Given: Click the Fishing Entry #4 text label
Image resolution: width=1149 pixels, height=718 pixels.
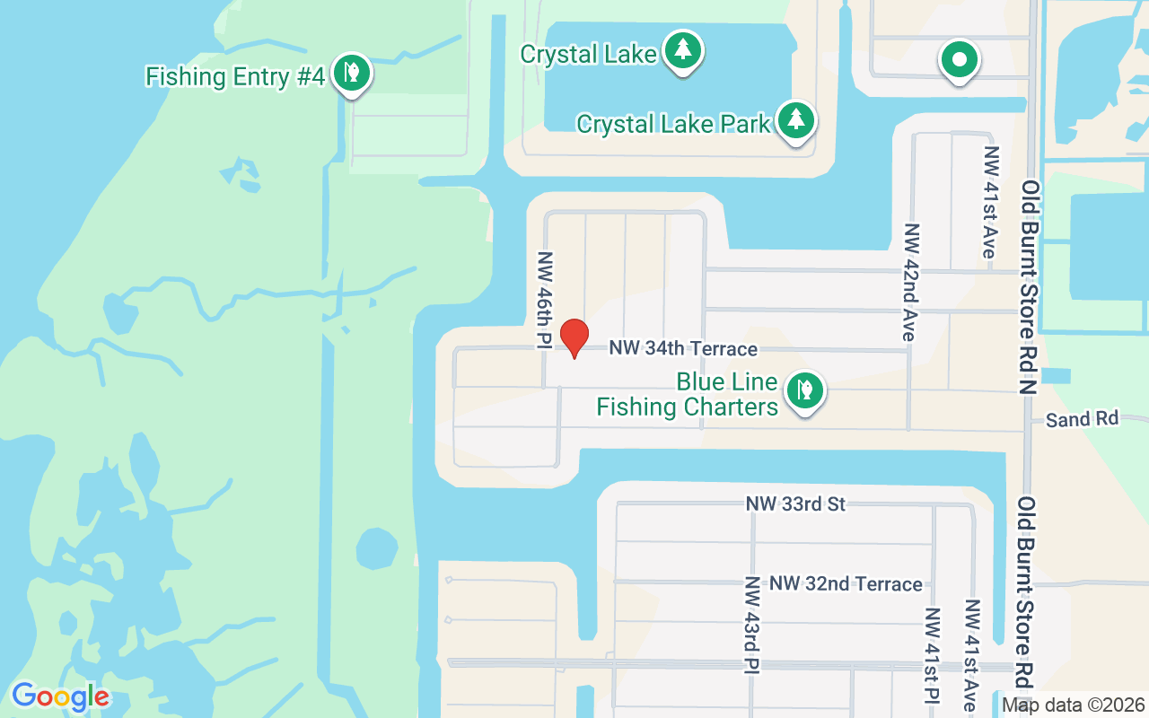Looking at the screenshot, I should tap(234, 77).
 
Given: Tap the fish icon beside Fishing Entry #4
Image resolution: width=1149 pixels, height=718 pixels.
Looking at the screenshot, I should tap(351, 72).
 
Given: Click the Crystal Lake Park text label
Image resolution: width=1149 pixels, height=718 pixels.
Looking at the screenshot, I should tap(673, 124).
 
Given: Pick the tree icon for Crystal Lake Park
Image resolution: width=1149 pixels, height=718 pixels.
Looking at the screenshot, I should tap(794, 119).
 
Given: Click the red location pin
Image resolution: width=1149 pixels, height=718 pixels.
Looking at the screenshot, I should tap(574, 337).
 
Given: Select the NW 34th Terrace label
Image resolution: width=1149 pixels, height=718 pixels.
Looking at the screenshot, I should tap(683, 348).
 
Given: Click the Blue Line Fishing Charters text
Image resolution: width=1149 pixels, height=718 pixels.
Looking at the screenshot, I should tap(687, 395).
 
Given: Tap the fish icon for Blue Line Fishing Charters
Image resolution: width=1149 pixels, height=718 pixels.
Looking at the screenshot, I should tap(805, 390).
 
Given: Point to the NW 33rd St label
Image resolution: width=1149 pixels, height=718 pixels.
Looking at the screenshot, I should tap(795, 504).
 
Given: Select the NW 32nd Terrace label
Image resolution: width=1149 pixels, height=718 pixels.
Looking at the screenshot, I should tap(846, 584).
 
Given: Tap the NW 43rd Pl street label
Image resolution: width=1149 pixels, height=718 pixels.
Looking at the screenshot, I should tap(750, 624).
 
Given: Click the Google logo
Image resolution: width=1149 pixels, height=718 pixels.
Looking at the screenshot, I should tap(60, 696).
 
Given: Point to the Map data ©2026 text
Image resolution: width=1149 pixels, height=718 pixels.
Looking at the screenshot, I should tap(1074, 705).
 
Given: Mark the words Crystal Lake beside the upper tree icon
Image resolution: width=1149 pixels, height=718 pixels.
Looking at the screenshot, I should tap(588, 54).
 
